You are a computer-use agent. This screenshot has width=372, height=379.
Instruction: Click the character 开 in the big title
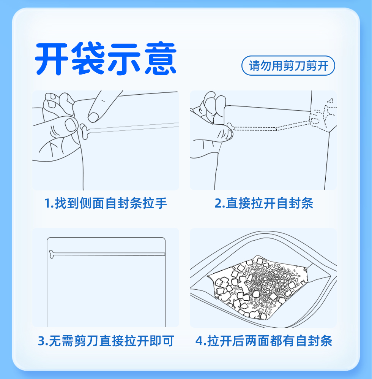click(x=51, y=59)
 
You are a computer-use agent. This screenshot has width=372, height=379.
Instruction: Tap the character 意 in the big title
click(x=161, y=58)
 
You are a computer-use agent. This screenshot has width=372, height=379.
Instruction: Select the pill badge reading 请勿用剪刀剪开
click(x=288, y=65)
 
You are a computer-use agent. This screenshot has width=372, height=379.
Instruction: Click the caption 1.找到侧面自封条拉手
click(x=106, y=203)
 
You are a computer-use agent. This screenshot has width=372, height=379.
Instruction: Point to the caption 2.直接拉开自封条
click(x=263, y=203)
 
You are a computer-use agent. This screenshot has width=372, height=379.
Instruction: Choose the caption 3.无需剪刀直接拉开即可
click(x=106, y=341)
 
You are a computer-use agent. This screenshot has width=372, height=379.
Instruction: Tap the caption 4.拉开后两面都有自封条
click(x=263, y=341)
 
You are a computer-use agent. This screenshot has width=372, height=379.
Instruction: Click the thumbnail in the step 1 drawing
click(x=71, y=125)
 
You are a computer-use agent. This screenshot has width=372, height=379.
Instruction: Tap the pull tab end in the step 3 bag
click(x=51, y=254)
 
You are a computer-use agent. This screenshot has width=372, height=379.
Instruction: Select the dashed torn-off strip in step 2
click(x=269, y=127)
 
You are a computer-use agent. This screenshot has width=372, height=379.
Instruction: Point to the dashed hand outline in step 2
click(x=323, y=116)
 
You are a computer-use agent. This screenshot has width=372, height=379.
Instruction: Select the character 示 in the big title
click(x=125, y=59)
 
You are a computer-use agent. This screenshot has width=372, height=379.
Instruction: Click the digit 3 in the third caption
click(x=41, y=341)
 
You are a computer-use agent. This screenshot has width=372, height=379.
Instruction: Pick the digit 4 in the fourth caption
click(x=199, y=341)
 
